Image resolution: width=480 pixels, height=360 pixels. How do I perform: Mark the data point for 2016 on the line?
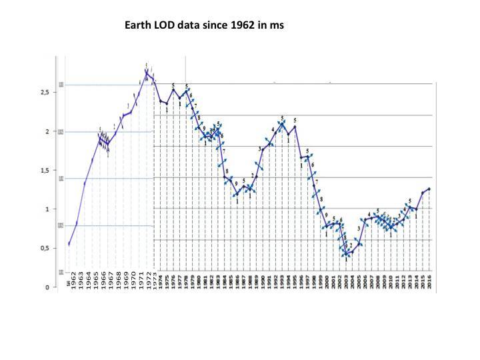coord(429,189)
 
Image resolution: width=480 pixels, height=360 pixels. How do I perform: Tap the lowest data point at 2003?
coord(347,254)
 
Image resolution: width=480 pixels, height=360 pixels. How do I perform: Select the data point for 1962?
coord(69,244)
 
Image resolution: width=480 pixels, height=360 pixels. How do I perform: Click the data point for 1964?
coord(85,183)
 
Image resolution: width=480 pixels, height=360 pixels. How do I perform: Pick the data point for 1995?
coord(295,126)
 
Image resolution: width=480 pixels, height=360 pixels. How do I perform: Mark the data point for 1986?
coord(235,195)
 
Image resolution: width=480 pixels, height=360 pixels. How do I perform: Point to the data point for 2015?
coord(422,193)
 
